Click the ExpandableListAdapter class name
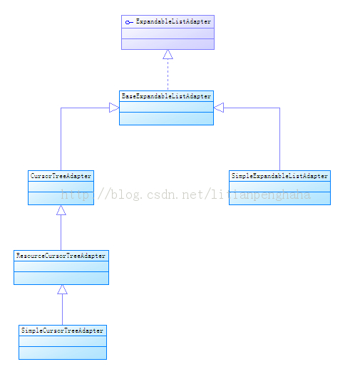[x=173, y=21]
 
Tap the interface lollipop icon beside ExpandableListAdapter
[x=129, y=22]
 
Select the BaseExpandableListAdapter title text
[x=166, y=96]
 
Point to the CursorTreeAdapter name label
[x=61, y=176]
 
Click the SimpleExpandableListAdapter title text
[x=279, y=176]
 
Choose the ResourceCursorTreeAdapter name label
[x=61, y=256]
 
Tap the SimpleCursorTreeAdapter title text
[x=62, y=331]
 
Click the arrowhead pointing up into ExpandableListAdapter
[x=168, y=54]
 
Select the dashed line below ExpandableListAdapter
[x=168, y=75]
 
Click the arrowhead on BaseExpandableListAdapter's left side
[x=114, y=108]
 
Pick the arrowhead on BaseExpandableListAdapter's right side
[x=219, y=108]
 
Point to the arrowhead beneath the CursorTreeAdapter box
[x=61, y=210]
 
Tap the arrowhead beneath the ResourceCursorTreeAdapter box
[x=62, y=289]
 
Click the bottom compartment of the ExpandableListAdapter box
[x=168, y=44]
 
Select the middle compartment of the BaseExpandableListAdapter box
[x=166, y=107]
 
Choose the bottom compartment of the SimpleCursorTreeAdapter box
[x=63, y=353]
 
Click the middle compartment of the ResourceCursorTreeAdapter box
[x=61, y=266]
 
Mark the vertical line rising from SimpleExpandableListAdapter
[x=279, y=139]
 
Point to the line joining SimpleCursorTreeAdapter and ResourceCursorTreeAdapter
[x=62, y=310]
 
